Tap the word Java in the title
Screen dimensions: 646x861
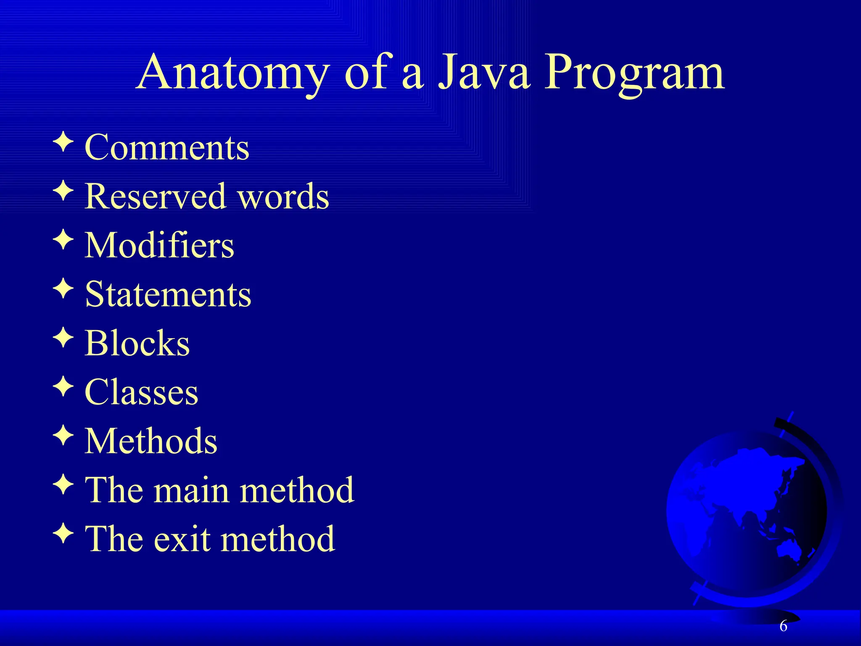tap(483, 72)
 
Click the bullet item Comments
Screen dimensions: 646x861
tap(167, 148)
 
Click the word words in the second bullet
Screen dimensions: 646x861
tap(283, 196)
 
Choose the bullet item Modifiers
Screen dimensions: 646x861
tap(159, 245)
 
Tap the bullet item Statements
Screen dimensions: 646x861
tap(168, 294)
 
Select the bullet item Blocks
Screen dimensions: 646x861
tap(137, 343)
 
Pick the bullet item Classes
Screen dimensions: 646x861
tap(141, 392)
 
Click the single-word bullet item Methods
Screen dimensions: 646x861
tap(151, 441)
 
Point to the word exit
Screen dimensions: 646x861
tap(182, 540)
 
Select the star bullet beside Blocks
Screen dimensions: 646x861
tap(63, 338)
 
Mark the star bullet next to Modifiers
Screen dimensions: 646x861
tap(63, 240)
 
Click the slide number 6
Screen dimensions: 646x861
tap(783, 626)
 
